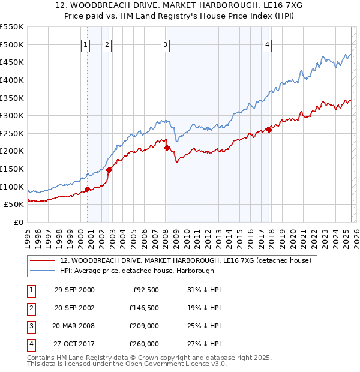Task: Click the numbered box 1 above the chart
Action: click(86, 44)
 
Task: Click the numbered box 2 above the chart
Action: click(107, 44)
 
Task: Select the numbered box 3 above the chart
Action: click(165, 44)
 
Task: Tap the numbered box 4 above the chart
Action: click(266, 44)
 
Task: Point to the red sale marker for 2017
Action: click(269, 129)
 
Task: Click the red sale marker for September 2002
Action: click(109, 170)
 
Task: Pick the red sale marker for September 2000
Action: click(88, 189)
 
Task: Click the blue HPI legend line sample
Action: click(43, 271)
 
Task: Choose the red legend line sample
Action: click(43, 261)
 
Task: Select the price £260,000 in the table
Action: click(145, 344)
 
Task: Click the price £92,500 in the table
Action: click(146, 290)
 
